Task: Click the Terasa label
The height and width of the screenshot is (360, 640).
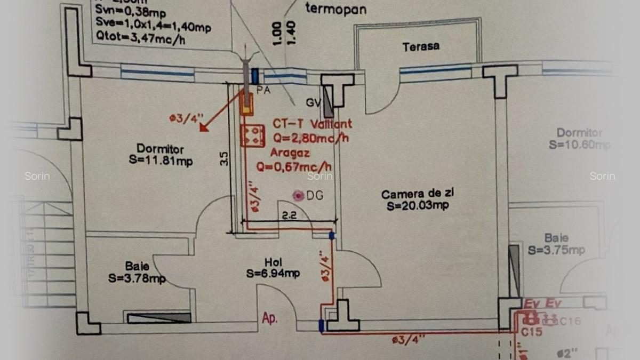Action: point(421,46)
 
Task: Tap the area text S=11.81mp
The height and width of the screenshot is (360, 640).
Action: point(161,161)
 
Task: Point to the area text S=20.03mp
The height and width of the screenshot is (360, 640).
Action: point(414,205)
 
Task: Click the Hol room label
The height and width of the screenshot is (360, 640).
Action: point(273,262)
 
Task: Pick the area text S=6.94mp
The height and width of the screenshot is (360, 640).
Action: point(273,274)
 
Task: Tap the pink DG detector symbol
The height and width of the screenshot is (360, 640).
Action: point(298,196)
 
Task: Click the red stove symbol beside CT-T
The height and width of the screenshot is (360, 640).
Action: point(252,135)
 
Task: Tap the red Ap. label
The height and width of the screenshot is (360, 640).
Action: point(270,318)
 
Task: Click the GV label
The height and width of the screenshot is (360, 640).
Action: point(313,102)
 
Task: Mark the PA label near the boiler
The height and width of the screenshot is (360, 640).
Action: point(263,90)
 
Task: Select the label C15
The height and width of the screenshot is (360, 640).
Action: point(531,332)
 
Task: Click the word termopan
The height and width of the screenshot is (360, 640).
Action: point(335,9)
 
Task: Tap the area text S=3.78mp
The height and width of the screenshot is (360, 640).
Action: point(137,277)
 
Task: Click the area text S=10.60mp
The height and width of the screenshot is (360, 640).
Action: point(579,145)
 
